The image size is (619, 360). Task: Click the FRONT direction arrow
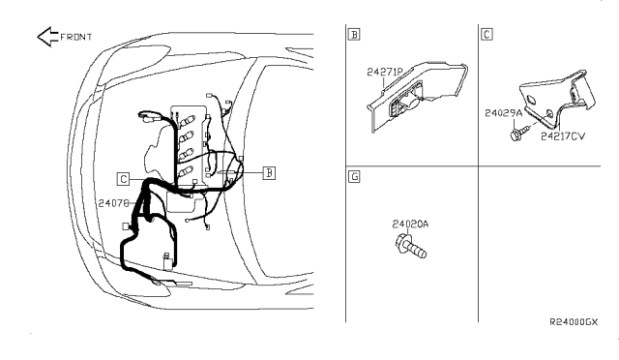click(47, 37)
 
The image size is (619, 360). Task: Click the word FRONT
click(75, 37)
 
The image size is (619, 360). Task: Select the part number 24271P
click(385, 72)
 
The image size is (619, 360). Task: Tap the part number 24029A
click(503, 113)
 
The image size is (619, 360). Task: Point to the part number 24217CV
click(563, 136)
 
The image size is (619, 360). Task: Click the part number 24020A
click(410, 225)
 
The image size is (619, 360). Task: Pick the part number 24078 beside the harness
click(114, 203)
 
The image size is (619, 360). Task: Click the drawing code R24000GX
click(574, 322)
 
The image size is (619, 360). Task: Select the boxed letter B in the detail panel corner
click(354, 35)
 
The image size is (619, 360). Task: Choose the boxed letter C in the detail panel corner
click(486, 35)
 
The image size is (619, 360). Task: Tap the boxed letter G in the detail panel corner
click(354, 177)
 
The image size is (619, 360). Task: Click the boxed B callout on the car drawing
click(269, 172)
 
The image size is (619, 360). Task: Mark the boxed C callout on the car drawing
click(123, 179)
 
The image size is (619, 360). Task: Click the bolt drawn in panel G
click(410, 246)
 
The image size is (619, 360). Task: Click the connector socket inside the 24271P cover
click(404, 103)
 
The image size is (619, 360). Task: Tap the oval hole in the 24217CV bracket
click(531, 100)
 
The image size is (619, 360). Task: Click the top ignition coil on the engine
click(187, 120)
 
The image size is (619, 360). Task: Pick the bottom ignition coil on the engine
click(186, 172)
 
